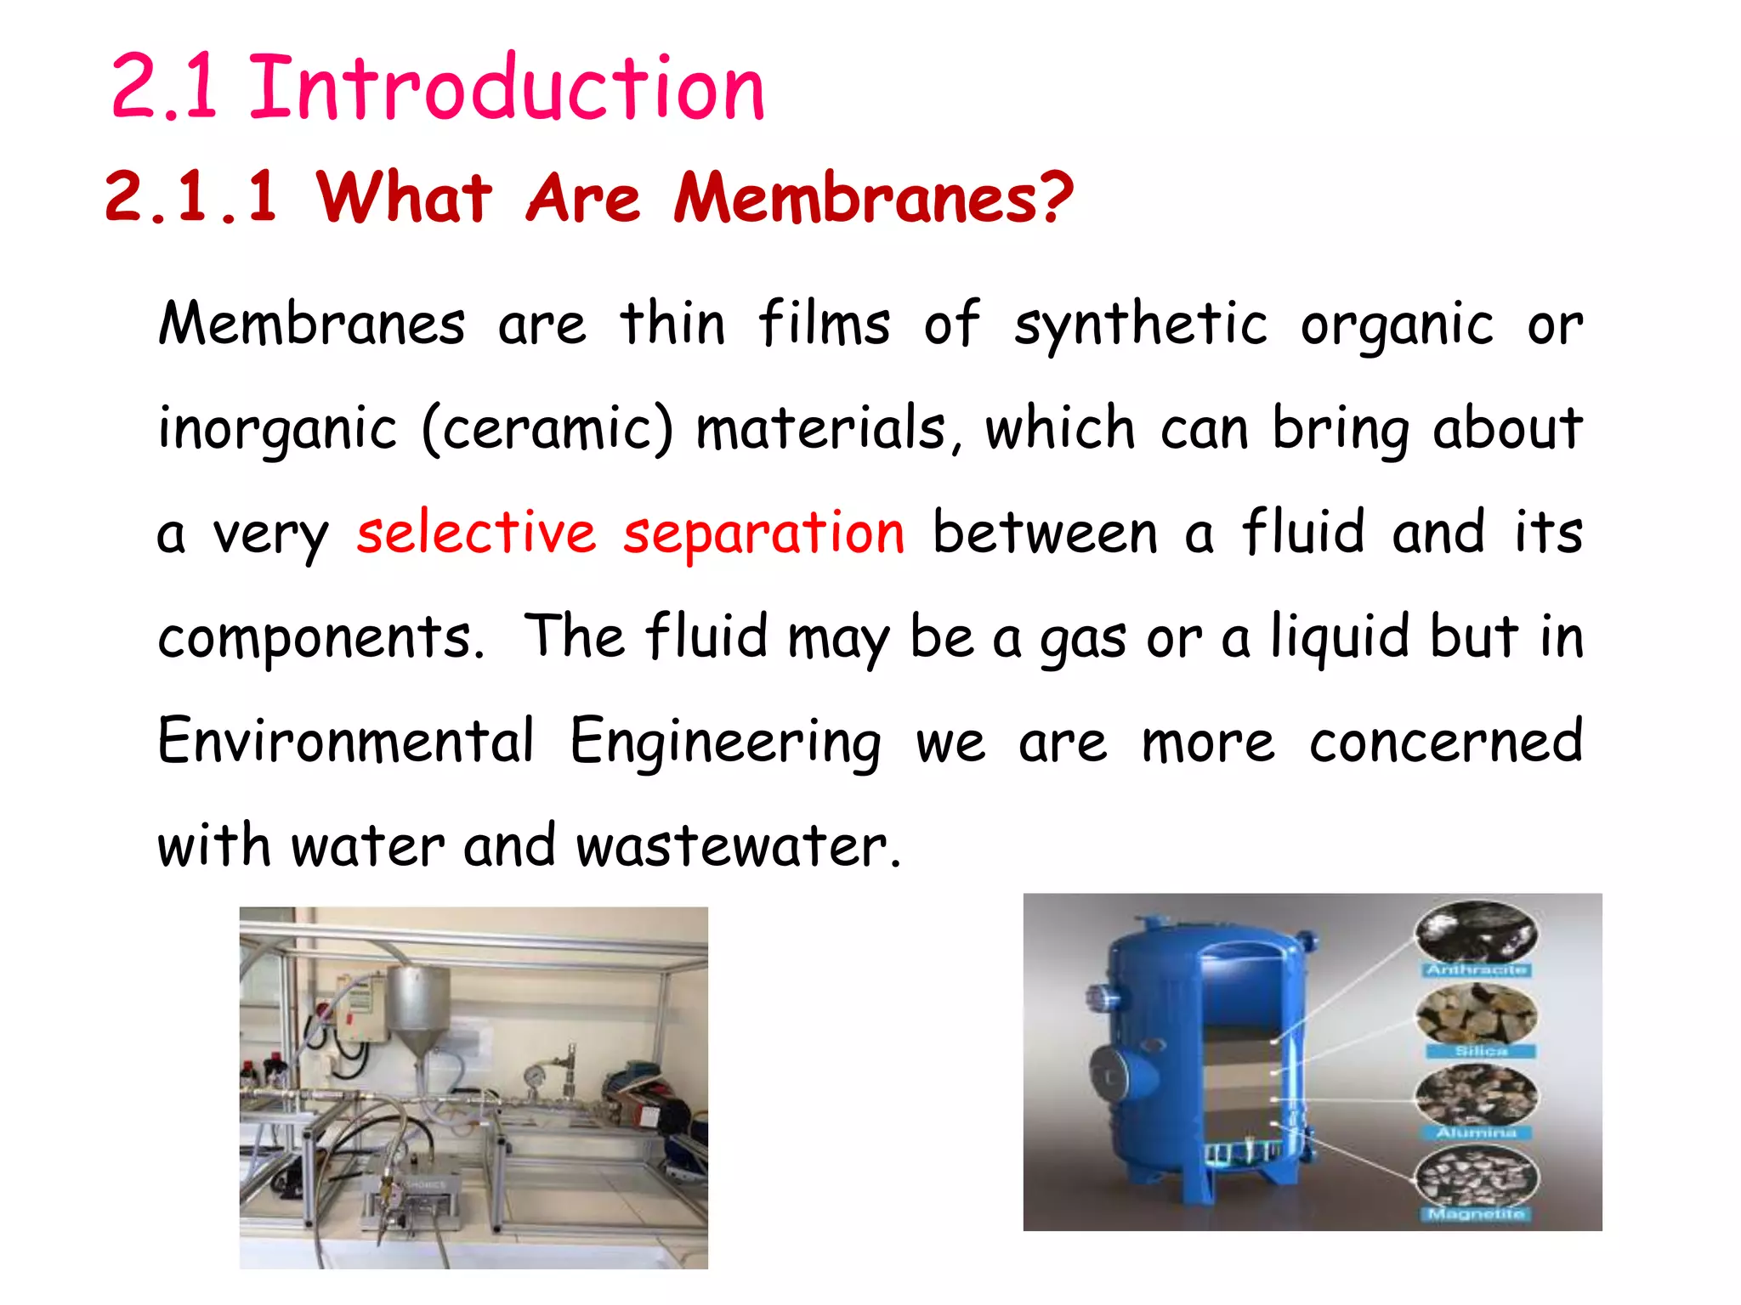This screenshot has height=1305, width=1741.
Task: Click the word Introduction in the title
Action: pyautogui.click(x=507, y=88)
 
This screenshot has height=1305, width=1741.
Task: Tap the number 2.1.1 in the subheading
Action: pyautogui.click(x=190, y=197)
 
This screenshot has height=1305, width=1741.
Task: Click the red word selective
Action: pyautogui.click(x=476, y=533)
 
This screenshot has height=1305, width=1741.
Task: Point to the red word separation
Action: pyautogui.click(x=763, y=534)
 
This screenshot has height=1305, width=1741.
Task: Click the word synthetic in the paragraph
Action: pyautogui.click(x=1140, y=325)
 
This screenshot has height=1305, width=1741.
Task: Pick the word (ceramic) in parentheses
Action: pyautogui.click(x=547, y=428)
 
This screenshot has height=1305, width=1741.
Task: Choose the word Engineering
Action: pyautogui.click(x=725, y=742)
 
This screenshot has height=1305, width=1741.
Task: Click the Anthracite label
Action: pyautogui.click(x=1477, y=969)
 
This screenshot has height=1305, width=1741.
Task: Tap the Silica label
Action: pyautogui.click(x=1480, y=1051)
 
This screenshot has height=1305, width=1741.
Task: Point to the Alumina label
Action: pyautogui.click(x=1477, y=1133)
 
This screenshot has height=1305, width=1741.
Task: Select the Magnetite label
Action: pyautogui.click(x=1477, y=1213)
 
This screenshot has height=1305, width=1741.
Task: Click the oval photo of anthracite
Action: pyautogui.click(x=1477, y=932)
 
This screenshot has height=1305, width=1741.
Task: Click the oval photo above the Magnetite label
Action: pyautogui.click(x=1477, y=1175)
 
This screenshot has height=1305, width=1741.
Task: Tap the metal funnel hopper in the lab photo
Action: pyautogui.click(x=418, y=1011)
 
